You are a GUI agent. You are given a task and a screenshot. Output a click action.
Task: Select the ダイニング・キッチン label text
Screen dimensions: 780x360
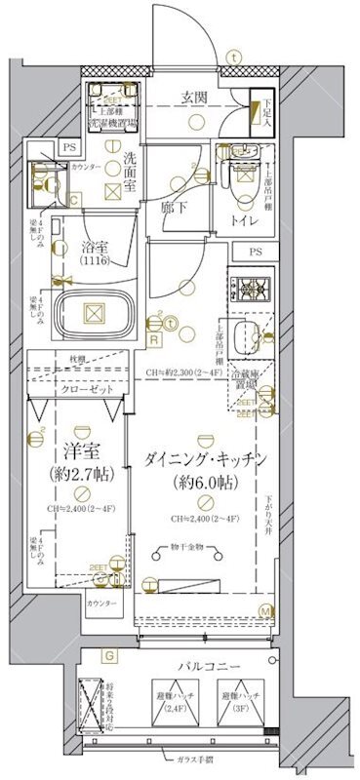[x=203, y=458]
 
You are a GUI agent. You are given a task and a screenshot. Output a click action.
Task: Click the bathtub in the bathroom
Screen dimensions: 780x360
[x=94, y=315]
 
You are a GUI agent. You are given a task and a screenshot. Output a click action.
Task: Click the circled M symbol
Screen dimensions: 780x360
[x=264, y=611]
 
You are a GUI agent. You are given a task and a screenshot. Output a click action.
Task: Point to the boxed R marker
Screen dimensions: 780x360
[x=154, y=338]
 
